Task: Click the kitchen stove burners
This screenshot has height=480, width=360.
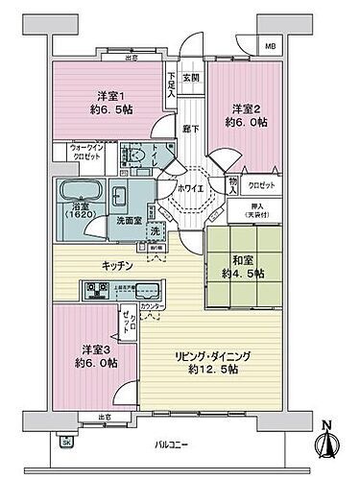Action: pyautogui.click(x=98, y=288)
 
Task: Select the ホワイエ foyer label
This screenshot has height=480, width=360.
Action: pyautogui.click(x=190, y=188)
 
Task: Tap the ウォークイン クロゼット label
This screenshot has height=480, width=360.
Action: pyautogui.click(x=87, y=153)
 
